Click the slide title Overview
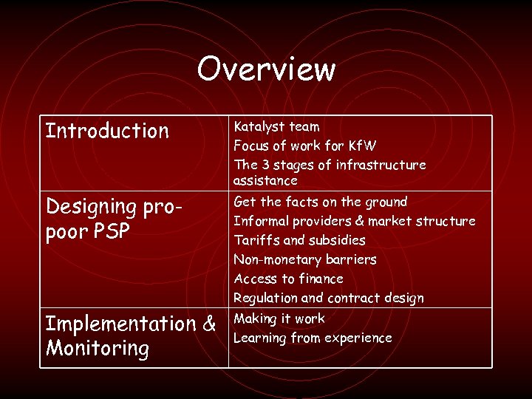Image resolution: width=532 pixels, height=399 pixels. point(266,69)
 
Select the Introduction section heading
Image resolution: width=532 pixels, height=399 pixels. point(108,132)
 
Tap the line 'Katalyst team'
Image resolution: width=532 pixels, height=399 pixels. point(276,126)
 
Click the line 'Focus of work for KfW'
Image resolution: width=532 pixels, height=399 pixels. point(305,146)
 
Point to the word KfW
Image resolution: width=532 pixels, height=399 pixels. point(361,146)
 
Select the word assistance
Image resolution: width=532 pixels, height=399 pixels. point(265,181)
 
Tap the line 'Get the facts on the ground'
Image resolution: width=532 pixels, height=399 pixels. point(320,202)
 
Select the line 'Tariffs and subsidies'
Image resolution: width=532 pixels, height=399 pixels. point(299,240)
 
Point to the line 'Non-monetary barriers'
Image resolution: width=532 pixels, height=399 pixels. point(304,259)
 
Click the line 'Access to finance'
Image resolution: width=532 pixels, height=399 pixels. point(288,279)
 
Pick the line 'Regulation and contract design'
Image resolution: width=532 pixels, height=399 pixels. point(328,298)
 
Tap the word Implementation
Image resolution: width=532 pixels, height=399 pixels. point(120,324)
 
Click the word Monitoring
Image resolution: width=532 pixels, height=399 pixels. point(98,348)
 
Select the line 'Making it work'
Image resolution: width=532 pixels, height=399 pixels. point(279,318)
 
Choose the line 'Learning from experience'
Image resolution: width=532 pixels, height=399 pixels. point(313,338)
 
